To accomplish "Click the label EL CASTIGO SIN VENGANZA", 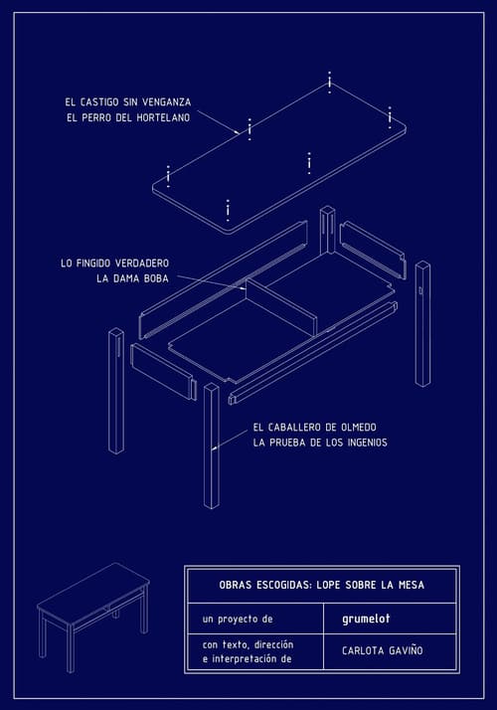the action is click(127, 101).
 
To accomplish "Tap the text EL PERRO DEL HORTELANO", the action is click(128, 117).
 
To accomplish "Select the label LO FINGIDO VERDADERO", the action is click(114, 264).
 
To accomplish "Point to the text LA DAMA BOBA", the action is click(132, 278).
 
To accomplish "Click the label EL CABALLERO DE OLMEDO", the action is click(314, 427).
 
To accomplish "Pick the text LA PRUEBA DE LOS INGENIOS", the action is click(320, 443).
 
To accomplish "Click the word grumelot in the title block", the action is click(366, 619).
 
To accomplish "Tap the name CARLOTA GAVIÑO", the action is click(383, 650).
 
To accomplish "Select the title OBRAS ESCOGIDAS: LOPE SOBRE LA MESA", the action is click(322, 585).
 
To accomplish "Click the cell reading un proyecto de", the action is click(238, 619).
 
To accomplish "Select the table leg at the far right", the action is click(422, 324).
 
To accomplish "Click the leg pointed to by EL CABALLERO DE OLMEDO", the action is click(212, 446).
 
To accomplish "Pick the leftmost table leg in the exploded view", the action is click(116, 391).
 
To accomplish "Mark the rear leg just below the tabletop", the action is click(327, 231).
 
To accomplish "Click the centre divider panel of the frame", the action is click(281, 306).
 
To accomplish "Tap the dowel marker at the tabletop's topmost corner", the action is click(330, 82).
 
